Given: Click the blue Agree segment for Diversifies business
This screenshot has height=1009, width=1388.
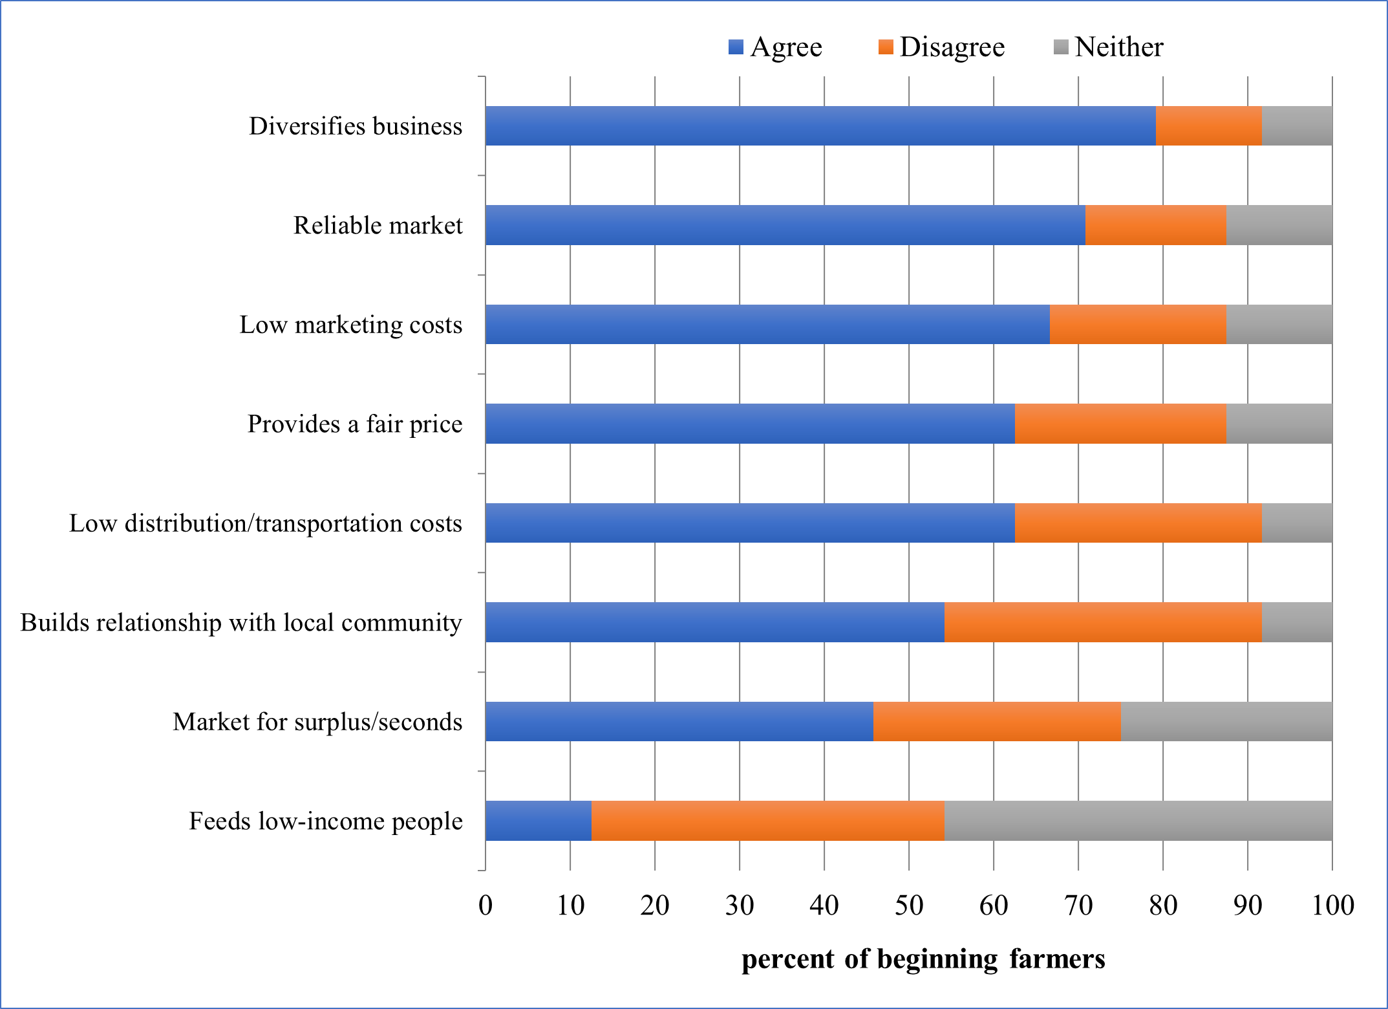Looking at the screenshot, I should (x=820, y=125).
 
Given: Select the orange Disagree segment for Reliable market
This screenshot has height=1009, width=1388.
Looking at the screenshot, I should (x=1156, y=225).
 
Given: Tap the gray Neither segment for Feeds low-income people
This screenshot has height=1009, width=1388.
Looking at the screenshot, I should (x=1138, y=821).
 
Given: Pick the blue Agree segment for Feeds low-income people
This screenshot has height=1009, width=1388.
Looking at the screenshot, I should (x=539, y=821).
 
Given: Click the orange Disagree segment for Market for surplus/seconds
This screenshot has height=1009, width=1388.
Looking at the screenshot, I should (x=997, y=721).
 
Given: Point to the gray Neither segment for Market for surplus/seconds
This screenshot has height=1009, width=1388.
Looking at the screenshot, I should (x=1226, y=721).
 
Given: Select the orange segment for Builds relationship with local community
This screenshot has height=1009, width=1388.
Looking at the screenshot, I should (x=1103, y=622).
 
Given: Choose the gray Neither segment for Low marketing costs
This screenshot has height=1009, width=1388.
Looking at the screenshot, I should (x=1279, y=324).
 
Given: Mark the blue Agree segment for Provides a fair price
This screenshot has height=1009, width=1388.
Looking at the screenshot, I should (x=750, y=424).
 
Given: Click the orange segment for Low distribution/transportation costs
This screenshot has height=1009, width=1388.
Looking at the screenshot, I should (x=1138, y=523).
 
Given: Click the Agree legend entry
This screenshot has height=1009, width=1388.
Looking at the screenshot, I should (x=776, y=47).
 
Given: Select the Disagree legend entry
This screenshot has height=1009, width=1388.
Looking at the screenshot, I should (x=942, y=47).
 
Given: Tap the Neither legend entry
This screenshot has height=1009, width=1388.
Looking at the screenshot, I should (x=1109, y=47).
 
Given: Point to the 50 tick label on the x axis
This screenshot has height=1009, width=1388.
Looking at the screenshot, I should (x=908, y=906).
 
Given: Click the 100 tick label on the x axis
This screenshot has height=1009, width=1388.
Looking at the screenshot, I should (x=1332, y=906).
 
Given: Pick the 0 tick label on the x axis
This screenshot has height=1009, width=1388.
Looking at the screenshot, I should (x=486, y=906).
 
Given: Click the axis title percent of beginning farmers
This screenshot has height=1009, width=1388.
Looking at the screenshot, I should (x=923, y=959).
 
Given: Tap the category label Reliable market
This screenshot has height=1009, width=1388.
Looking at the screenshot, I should (x=378, y=226).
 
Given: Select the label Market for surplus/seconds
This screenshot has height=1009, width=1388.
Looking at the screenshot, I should (x=317, y=722).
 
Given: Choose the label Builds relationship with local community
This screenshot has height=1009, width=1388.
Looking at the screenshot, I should (x=241, y=623).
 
